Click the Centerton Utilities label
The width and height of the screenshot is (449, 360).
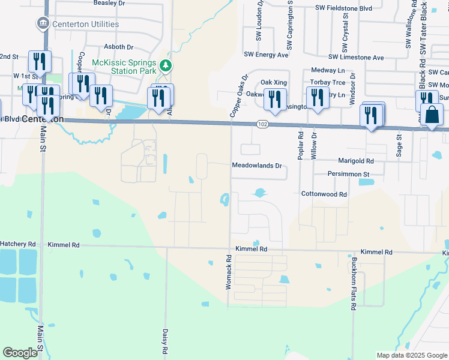[86, 25]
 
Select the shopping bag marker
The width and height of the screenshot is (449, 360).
[432, 114]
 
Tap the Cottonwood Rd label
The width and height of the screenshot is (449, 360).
[324, 194]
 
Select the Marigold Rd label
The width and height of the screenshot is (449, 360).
[356, 161]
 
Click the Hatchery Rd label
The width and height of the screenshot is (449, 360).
[18, 245]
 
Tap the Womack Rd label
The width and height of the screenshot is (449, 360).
[229, 273]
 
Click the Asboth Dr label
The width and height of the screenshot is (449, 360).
[118, 47]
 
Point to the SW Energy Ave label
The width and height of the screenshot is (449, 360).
[266, 55]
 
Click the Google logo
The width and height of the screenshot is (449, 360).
[20, 353]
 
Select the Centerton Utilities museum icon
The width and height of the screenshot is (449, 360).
[43, 24]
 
